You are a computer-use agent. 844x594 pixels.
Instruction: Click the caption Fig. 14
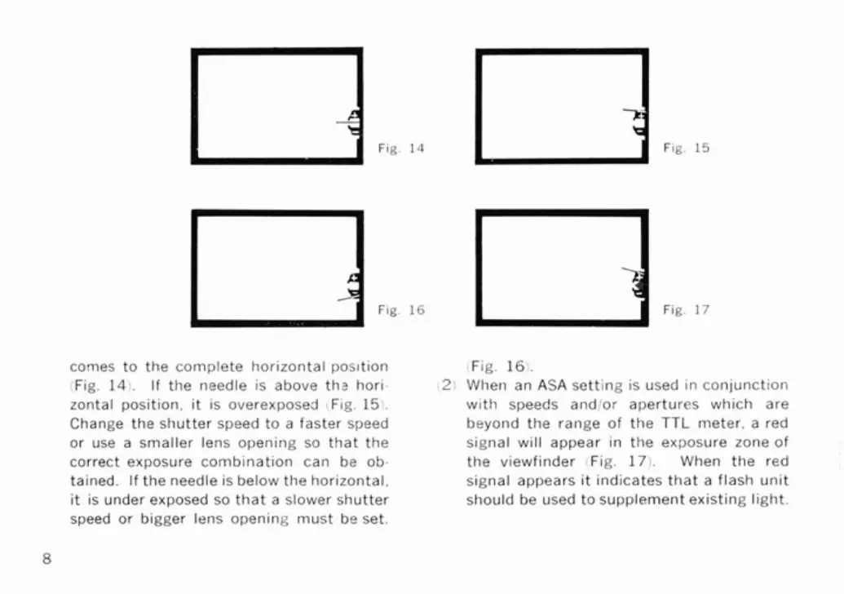[x=400, y=148]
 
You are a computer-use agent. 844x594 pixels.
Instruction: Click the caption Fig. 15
[x=686, y=148]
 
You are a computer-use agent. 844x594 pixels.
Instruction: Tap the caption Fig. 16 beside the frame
[x=400, y=310]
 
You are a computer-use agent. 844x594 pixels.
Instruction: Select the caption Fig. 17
[x=686, y=310]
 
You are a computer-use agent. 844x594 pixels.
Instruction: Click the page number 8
[x=47, y=559]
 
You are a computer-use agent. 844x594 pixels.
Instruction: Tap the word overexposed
[x=282, y=404]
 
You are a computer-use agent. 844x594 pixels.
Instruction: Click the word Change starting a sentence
[x=92, y=423]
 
